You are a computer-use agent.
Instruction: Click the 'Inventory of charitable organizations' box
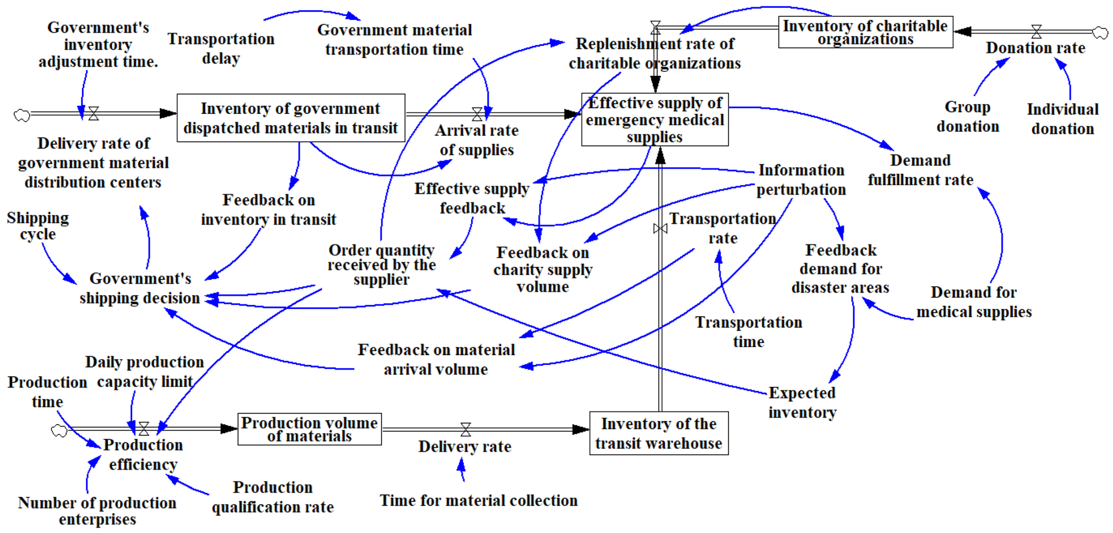865,32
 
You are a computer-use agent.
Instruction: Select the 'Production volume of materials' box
309,429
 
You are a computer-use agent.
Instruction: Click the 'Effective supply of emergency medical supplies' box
655,120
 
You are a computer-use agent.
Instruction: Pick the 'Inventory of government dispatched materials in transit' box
291,118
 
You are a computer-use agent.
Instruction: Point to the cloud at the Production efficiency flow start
59,430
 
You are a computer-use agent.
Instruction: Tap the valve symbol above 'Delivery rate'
465,429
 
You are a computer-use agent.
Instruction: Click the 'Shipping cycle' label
38,226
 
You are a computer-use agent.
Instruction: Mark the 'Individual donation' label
1062,119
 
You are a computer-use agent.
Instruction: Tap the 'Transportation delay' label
221,48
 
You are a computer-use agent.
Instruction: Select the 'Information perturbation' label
801,180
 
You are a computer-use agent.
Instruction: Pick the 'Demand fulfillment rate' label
920,170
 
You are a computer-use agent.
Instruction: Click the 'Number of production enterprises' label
97,511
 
